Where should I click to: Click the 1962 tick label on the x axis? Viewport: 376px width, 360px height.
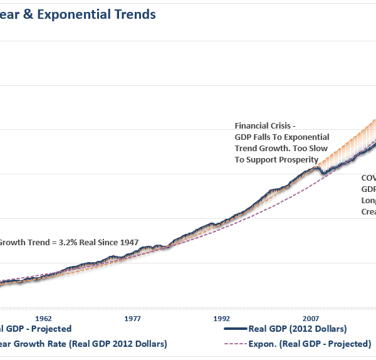(x=43, y=318)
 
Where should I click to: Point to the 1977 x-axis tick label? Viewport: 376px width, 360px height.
(x=132, y=318)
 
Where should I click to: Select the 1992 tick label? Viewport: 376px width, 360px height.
(x=221, y=318)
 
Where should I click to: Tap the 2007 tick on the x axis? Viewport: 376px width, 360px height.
(x=311, y=318)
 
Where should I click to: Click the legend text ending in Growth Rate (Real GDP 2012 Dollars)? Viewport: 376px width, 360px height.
(x=85, y=344)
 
